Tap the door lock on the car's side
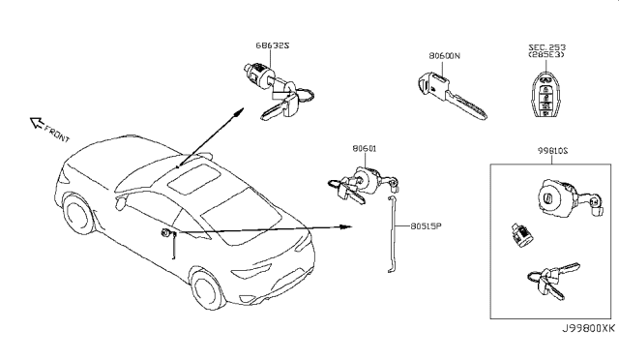pyautogui.click(x=167, y=233)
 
